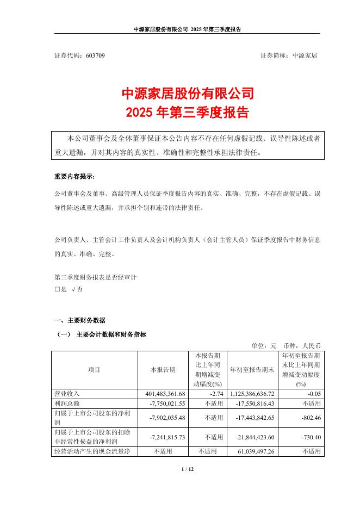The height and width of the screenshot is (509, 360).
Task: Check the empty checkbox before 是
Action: [57, 289]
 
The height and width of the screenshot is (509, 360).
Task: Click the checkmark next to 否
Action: [73, 289]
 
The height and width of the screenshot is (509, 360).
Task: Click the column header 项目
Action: [94, 369]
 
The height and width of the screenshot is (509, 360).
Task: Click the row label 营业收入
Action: [66, 393]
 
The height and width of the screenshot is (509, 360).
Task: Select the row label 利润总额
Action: [66, 404]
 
